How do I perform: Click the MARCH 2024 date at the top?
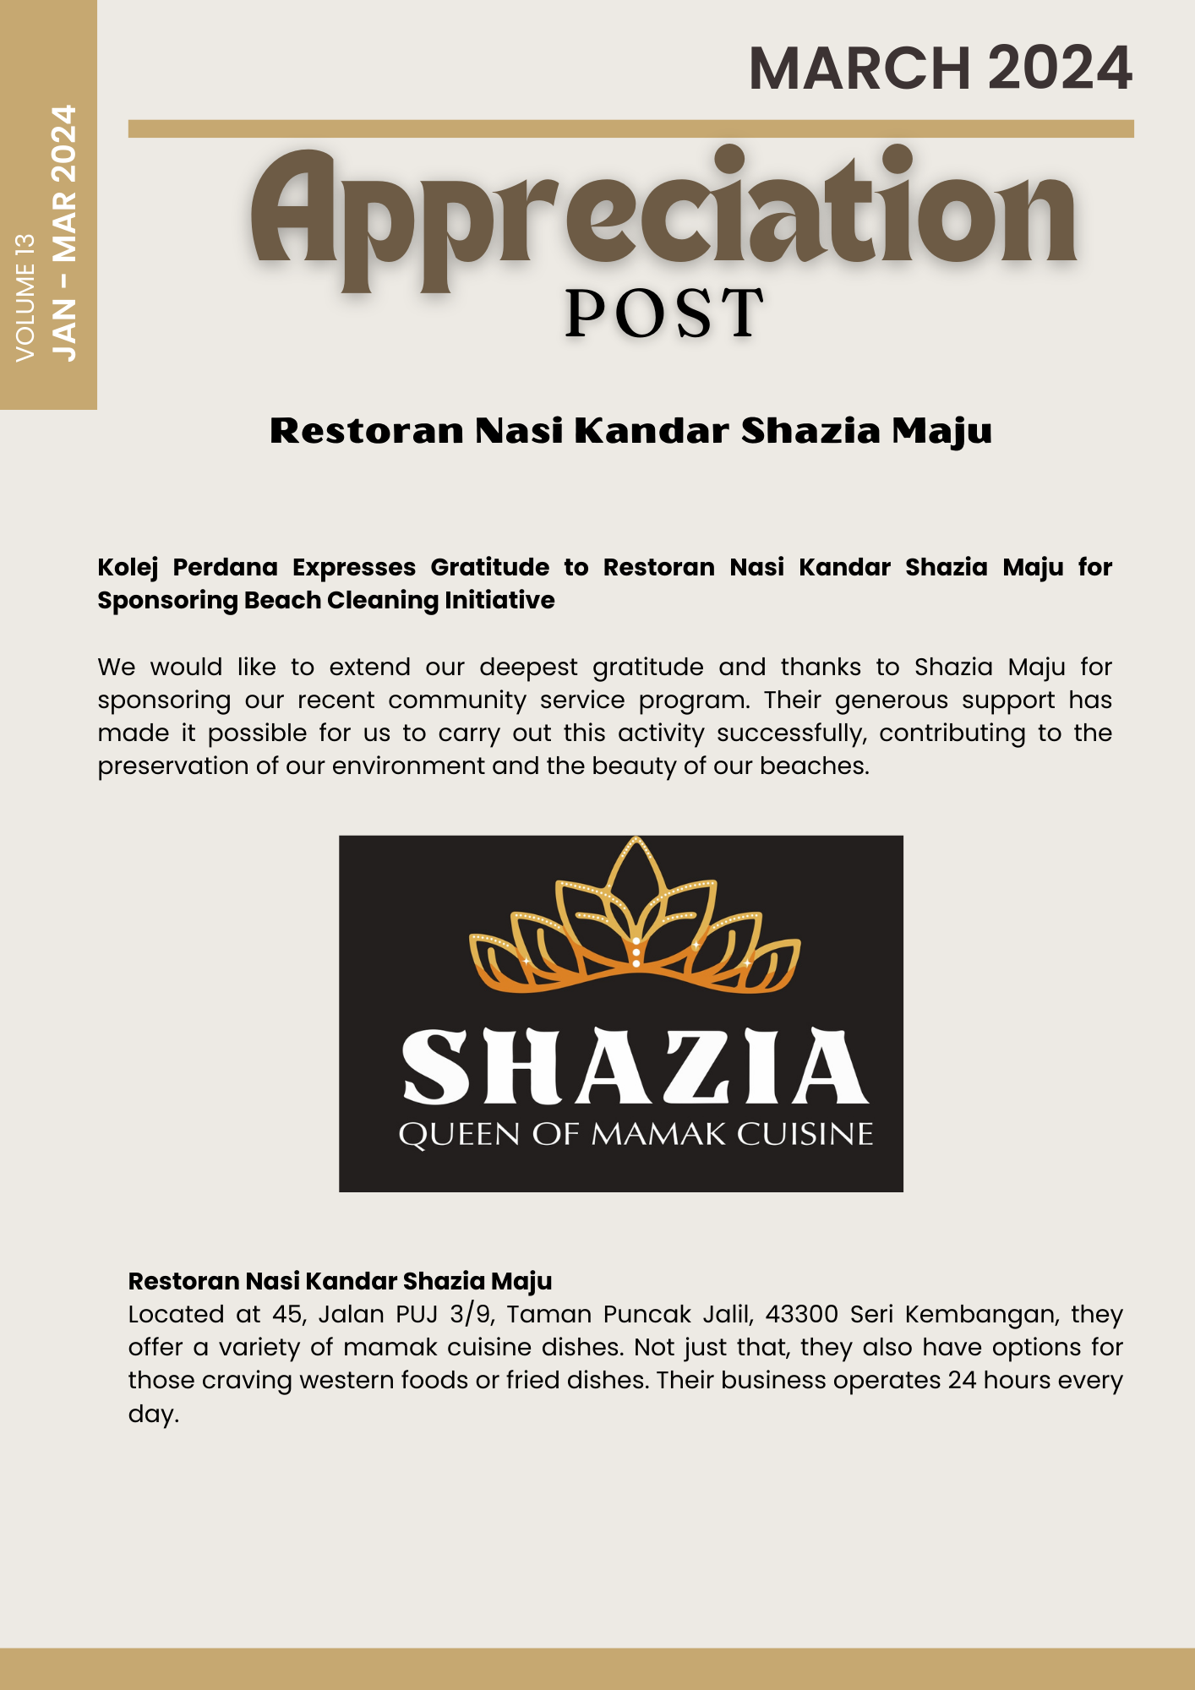tap(940, 68)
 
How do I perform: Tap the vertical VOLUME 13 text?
tap(26, 297)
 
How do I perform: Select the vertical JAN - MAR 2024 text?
tap(64, 233)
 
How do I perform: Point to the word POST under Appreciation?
tap(664, 313)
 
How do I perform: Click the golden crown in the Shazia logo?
tap(636, 917)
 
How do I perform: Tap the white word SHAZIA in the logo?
tap(636, 1067)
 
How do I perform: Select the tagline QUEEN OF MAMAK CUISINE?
tap(636, 1134)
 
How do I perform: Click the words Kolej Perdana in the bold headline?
tap(188, 567)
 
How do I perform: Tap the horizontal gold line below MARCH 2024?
tap(630, 128)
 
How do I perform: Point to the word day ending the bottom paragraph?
tap(152, 1414)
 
